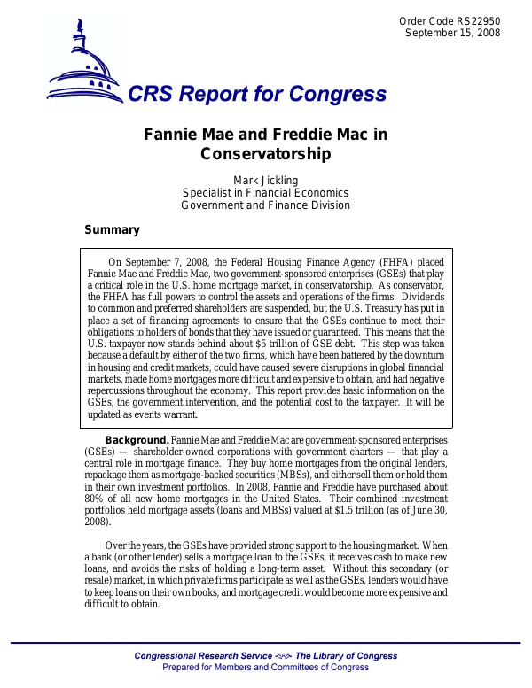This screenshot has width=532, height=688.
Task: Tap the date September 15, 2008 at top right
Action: point(452,33)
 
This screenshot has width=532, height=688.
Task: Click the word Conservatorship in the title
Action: point(266,154)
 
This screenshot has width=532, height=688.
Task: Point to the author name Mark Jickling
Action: point(265,181)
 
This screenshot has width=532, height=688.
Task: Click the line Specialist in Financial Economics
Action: point(265,193)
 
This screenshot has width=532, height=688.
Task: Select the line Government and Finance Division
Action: point(265,205)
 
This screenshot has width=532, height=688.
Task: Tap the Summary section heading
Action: point(112,230)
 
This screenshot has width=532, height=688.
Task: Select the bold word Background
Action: point(137,440)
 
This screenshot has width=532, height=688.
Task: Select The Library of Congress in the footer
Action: point(346,656)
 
